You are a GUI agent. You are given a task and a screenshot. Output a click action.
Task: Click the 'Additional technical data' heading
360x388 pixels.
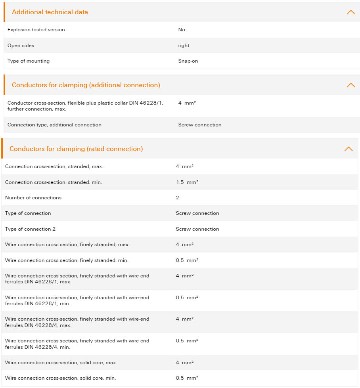pos(50,12)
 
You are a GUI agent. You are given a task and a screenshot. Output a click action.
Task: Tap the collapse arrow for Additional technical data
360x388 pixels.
pos(350,12)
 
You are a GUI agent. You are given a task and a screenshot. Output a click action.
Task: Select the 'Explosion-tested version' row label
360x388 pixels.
pos(36,30)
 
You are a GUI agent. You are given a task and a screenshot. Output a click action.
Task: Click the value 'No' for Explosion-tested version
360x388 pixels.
pos(182,30)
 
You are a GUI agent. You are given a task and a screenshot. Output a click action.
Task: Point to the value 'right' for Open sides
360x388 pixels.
pos(184,46)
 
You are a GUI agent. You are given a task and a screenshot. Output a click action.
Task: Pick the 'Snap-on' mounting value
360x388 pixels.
pos(188,61)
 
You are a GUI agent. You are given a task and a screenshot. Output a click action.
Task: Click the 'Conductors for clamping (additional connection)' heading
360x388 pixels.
pos(86,85)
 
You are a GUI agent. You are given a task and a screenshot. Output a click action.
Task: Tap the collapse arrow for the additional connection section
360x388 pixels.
pos(350,85)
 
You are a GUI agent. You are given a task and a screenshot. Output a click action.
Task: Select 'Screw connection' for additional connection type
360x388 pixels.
pos(200,125)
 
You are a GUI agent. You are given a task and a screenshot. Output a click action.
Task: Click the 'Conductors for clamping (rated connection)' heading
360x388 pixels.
pos(76,149)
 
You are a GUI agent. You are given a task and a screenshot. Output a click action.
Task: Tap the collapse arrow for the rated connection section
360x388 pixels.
pos(348,149)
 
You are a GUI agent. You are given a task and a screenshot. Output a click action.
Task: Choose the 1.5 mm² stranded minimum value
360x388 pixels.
pos(187,182)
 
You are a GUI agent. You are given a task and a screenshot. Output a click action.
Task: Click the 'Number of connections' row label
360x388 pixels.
pos(33,198)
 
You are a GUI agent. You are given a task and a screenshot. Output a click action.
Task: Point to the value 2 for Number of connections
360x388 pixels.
pos(177,198)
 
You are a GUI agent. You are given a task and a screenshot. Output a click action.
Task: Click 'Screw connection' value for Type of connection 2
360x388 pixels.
pos(197,229)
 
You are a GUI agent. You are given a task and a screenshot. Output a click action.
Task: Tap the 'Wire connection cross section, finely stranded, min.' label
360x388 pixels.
pos(67,260)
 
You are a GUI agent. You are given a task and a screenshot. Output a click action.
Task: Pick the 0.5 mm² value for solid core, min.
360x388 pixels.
pos(187,378)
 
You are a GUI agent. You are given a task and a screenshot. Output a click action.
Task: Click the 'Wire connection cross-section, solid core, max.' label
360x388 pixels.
pos(61,363)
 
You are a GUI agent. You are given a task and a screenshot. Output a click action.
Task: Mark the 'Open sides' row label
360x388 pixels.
pos(21,46)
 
